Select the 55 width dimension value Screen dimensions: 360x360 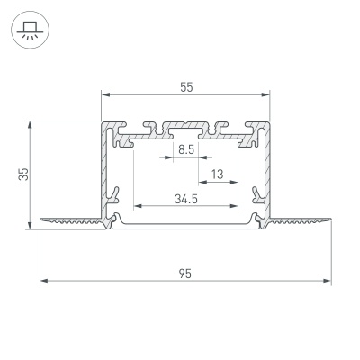pos(186,86)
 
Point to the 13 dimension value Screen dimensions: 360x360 pos(218,174)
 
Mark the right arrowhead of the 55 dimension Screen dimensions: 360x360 pos(266,94)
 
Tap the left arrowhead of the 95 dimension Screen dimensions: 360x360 pos(43,282)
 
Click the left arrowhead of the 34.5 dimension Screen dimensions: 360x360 pos(137,207)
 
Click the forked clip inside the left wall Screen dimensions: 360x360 pos(114,193)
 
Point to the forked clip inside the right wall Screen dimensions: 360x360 pos(258,193)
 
